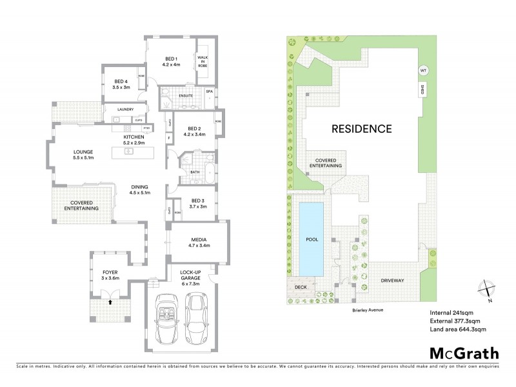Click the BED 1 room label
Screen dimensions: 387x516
[x=170, y=59]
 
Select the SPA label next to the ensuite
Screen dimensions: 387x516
[x=209, y=92]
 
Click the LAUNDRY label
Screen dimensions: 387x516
[x=125, y=110]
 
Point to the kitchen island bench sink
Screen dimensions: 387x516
[x=129, y=152]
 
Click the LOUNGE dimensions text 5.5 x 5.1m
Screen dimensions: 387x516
[x=83, y=157]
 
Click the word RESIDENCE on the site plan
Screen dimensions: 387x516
[x=361, y=129]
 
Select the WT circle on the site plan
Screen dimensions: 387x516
[x=423, y=70]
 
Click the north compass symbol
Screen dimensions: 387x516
[x=486, y=291]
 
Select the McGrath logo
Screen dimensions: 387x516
[x=464, y=353]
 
